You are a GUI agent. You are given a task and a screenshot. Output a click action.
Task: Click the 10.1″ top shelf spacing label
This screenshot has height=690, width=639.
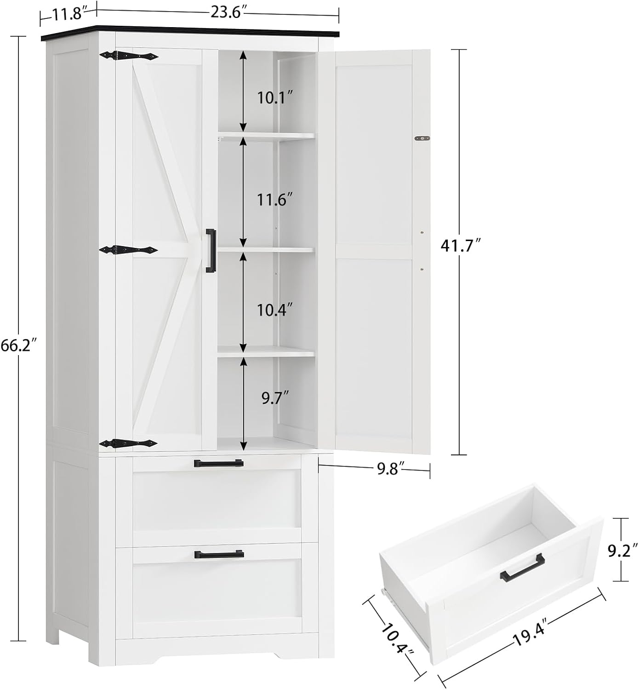[275, 98]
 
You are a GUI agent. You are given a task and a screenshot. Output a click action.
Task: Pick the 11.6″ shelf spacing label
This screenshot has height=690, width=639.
[275, 200]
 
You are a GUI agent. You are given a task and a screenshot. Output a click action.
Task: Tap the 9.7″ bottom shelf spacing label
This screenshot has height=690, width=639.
[275, 398]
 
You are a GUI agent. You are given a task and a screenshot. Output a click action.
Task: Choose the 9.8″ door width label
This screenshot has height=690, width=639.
[391, 469]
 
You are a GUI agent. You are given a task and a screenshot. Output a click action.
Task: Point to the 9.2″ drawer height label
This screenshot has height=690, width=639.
[622, 550]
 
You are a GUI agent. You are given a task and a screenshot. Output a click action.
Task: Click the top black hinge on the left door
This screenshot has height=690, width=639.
[129, 56]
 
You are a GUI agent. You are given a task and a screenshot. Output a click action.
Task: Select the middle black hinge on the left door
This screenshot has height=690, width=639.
[129, 249]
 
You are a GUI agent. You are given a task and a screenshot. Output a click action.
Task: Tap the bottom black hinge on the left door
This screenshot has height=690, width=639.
[129, 443]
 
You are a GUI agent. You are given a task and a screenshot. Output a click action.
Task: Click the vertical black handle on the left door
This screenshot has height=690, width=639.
[211, 251]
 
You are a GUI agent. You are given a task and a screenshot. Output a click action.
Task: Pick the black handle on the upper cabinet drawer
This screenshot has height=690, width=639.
[218, 463]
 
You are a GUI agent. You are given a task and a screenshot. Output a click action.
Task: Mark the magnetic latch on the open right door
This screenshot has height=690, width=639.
[422, 138]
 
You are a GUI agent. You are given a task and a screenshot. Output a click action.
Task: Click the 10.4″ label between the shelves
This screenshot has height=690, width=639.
[275, 310]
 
